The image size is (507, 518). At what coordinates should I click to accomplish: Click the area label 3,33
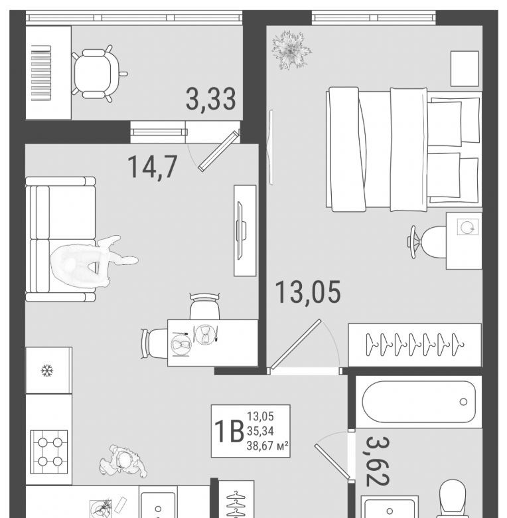tap(211, 99)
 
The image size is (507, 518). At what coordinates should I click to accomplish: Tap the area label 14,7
tap(153, 167)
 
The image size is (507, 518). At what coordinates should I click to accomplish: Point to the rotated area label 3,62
tap(378, 461)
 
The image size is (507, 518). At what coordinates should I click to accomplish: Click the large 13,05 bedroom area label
tap(308, 292)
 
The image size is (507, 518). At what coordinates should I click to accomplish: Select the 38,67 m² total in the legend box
tap(267, 446)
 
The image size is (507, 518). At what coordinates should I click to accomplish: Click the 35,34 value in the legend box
tap(260, 431)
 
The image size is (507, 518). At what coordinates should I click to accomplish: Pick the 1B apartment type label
tap(229, 432)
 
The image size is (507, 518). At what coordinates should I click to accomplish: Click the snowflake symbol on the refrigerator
tap(47, 371)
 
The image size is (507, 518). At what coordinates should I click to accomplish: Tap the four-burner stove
tap(49, 452)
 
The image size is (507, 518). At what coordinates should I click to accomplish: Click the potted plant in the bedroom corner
tap(291, 50)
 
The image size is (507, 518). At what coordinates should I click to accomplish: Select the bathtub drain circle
tap(463, 402)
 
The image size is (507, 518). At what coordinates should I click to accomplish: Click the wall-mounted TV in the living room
tap(241, 230)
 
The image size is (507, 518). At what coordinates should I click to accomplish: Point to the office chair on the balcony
tap(98, 74)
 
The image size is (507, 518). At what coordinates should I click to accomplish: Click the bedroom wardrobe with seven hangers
tap(415, 345)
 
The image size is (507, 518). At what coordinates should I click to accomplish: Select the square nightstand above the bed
tap(465, 68)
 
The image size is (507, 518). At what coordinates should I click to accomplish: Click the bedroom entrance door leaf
tap(295, 343)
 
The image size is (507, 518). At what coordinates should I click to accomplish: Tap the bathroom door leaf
tap(332, 461)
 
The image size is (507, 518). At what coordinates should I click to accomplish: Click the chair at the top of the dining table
tap(204, 306)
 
